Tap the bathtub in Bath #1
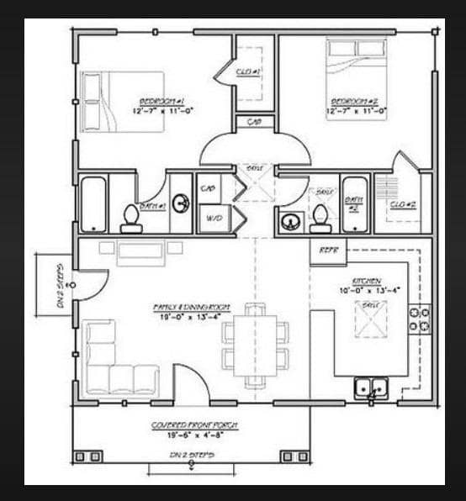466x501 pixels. click(93, 203)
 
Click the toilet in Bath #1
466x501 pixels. click(130, 217)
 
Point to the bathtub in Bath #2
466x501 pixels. click(355, 203)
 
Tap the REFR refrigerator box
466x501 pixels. click(327, 249)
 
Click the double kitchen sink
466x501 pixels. click(371, 388)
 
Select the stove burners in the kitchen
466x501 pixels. click(419, 319)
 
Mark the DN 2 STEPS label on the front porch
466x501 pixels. click(193, 454)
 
